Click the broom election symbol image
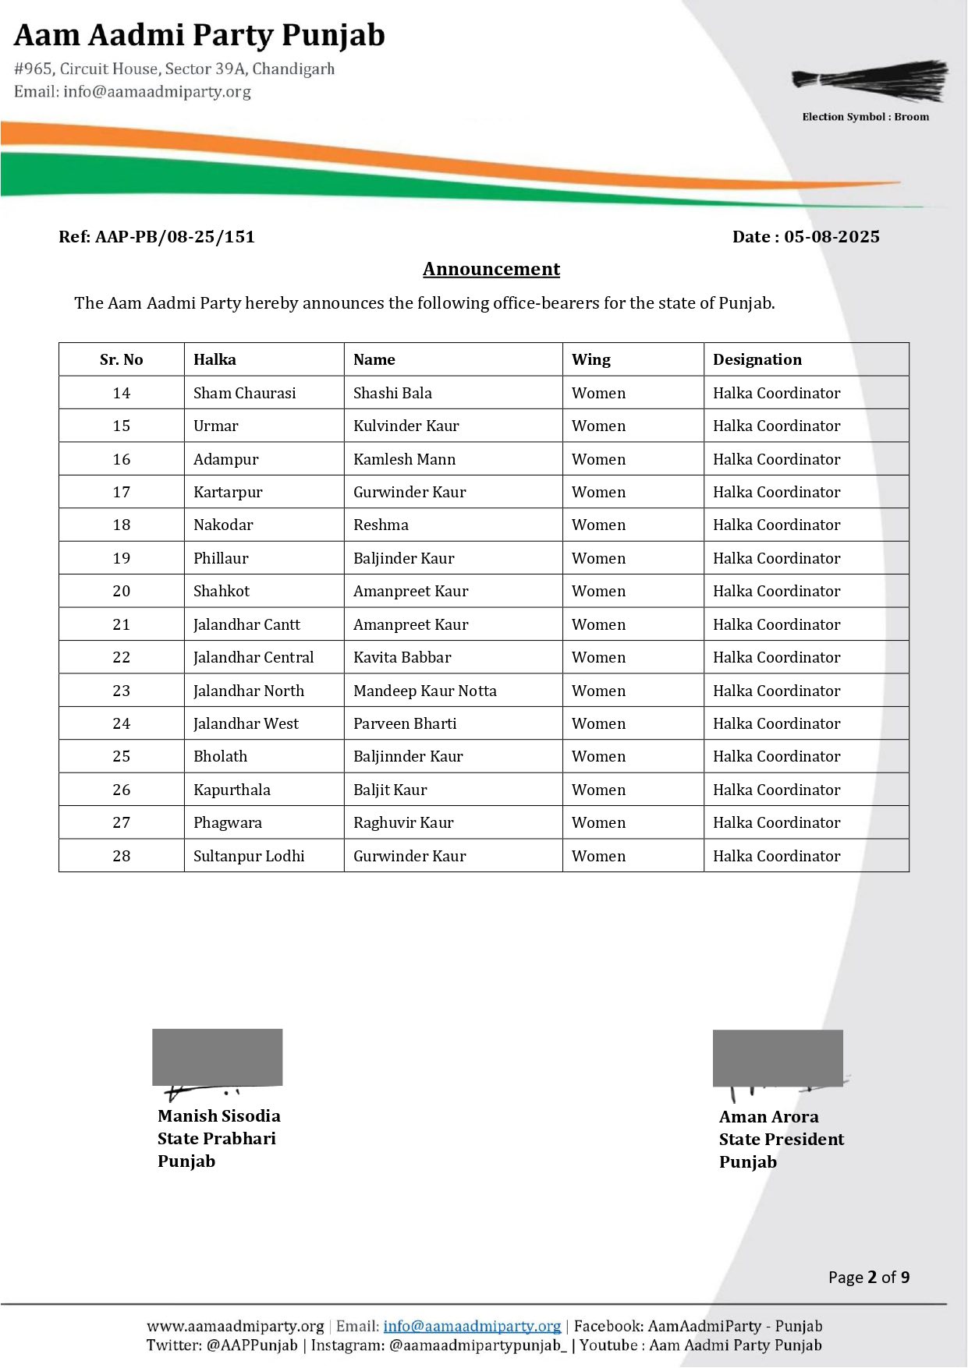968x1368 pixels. click(x=870, y=80)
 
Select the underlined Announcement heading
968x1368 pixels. click(x=491, y=269)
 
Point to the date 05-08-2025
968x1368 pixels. click(x=831, y=237)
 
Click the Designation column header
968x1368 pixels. click(x=757, y=359)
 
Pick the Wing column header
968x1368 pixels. click(x=590, y=359)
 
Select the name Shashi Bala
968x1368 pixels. click(x=392, y=393)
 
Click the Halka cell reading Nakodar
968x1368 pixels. click(x=223, y=525)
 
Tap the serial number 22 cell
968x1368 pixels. click(x=122, y=657)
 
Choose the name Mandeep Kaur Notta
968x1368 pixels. click(x=424, y=691)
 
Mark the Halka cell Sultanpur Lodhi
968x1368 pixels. click(x=249, y=856)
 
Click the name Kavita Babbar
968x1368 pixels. click(x=402, y=657)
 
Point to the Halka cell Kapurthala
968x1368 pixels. click(x=232, y=790)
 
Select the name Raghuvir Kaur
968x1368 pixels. click(x=403, y=822)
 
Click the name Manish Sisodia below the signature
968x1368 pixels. click(x=218, y=1115)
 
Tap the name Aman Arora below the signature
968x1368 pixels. click(x=768, y=1116)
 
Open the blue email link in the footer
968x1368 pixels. click(x=472, y=1326)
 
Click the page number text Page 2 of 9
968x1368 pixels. click(x=868, y=1277)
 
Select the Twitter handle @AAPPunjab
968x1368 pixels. click(x=252, y=1345)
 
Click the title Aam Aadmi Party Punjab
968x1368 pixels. click(x=200, y=35)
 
